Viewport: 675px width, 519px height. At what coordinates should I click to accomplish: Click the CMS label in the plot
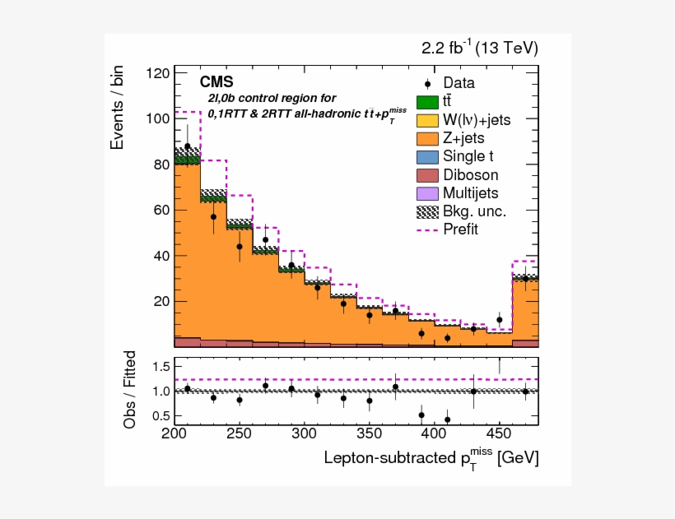(216, 82)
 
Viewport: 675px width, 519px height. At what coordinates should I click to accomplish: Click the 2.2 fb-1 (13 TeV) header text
(480, 49)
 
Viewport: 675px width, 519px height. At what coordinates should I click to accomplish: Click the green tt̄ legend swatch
(427, 102)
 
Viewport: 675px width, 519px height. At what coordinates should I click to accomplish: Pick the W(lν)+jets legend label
(477, 120)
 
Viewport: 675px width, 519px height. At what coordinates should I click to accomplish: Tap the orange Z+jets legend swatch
(427, 138)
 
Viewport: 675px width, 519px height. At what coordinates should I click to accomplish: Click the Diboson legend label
(470, 174)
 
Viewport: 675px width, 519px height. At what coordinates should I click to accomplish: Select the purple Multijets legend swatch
(427, 193)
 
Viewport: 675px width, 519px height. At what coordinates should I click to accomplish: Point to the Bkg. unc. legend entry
(474, 211)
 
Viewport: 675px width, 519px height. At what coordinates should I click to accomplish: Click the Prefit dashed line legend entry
(460, 229)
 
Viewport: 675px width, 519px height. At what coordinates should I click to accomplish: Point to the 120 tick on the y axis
(158, 73)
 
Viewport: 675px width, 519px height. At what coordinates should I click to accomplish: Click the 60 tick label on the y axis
(161, 210)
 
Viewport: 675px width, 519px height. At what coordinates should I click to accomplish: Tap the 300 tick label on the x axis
(305, 433)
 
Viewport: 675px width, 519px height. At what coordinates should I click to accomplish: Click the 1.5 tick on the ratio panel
(161, 365)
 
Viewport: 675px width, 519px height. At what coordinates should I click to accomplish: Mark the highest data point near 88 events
(188, 146)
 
